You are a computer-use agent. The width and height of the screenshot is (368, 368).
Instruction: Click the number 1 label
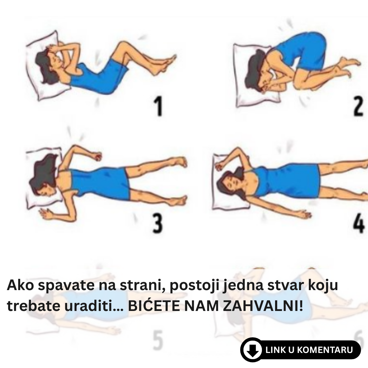pyautogui.click(x=159, y=106)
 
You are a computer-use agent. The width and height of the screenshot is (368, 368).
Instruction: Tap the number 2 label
pyautogui.click(x=358, y=106)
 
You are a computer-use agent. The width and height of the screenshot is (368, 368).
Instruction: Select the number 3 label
pyautogui.click(x=158, y=223)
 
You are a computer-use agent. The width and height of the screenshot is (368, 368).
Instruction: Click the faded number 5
pyautogui.click(x=158, y=340)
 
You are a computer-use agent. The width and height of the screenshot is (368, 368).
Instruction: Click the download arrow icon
pyautogui.click(x=252, y=350)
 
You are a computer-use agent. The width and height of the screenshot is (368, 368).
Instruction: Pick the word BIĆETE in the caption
pyautogui.click(x=154, y=306)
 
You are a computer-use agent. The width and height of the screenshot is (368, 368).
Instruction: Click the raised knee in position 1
pyautogui.click(x=122, y=46)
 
